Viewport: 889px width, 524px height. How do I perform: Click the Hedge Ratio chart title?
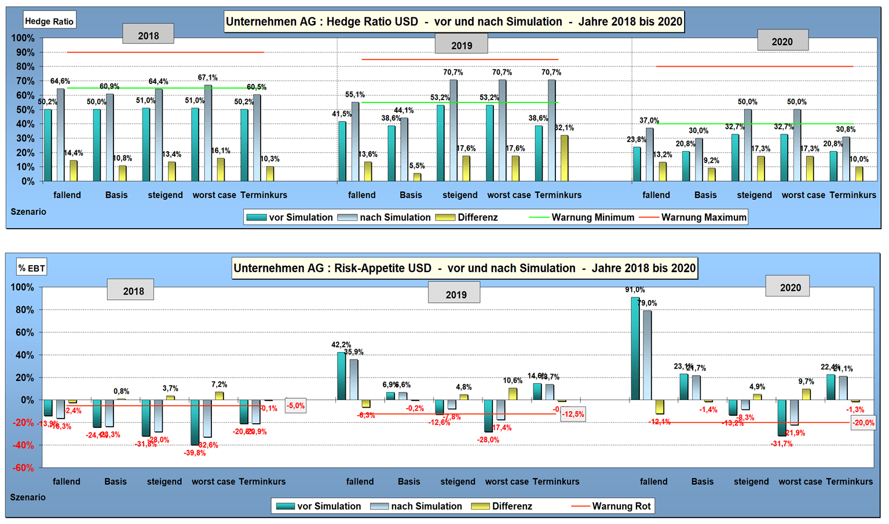454,22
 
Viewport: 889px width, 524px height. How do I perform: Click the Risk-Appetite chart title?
464,269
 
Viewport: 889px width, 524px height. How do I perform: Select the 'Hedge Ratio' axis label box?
49,21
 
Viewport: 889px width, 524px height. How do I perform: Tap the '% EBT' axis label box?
31,268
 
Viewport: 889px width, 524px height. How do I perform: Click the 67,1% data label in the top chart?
207,78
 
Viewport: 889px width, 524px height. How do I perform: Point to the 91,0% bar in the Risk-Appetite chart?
635,347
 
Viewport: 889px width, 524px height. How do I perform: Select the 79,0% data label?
647,303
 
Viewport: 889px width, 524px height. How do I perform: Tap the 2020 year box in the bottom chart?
790,288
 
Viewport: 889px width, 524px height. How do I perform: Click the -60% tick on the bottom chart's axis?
23,468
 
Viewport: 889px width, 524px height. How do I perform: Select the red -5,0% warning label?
295,406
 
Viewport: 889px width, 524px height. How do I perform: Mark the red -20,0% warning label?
863,423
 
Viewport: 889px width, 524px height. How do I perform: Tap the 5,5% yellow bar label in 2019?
417,166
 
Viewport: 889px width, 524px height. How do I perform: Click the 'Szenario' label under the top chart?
28,212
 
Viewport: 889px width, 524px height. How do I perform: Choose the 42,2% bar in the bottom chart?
341,376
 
